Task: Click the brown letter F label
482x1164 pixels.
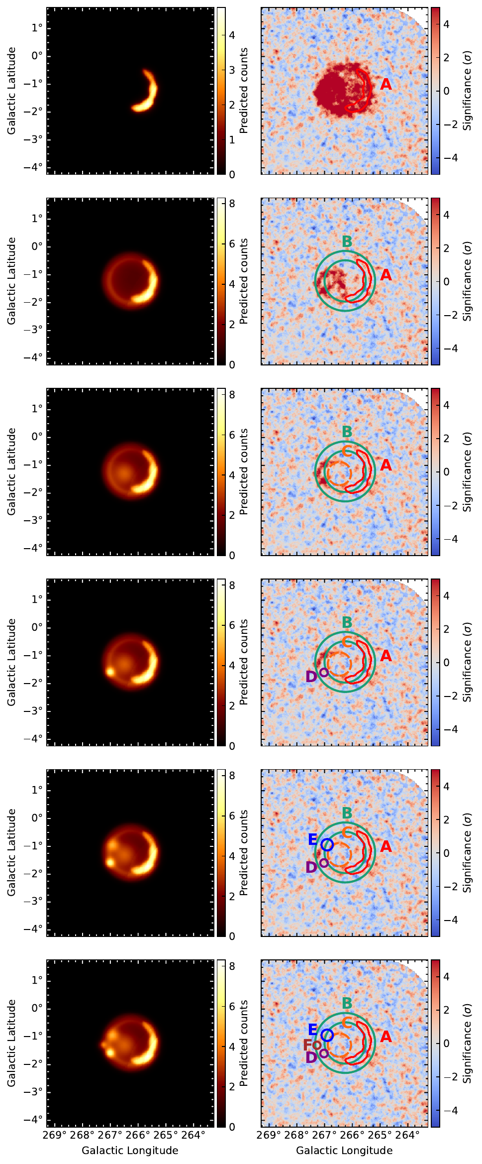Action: [308, 1045]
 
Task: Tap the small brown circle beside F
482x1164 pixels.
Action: [317, 1045]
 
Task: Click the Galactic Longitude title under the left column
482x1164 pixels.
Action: [130, 1150]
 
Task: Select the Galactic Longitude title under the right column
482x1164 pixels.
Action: [344, 1150]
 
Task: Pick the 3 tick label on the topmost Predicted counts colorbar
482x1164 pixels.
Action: [232, 70]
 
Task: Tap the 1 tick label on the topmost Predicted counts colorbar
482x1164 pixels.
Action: [232, 140]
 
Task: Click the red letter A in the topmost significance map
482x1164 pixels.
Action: [386, 85]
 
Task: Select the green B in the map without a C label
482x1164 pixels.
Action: [347, 241]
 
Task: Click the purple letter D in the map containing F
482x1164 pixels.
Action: [311, 1058]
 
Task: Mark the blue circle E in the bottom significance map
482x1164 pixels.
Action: [327, 1035]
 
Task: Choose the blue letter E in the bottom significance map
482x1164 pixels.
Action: [312, 1030]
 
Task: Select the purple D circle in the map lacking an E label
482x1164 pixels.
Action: [324, 672]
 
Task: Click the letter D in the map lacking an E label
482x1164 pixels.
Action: [311, 677]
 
